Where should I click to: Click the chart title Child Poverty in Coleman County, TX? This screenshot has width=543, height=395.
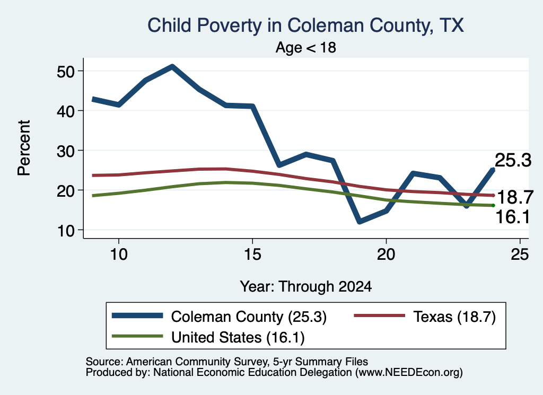(305, 26)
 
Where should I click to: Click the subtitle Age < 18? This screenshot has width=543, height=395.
(306, 47)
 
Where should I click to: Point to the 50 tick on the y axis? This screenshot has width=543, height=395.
(66, 72)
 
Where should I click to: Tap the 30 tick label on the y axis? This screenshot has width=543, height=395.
(66, 151)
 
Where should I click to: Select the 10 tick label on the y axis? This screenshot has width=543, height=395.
(66, 231)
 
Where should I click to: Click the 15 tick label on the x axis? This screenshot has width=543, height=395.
(252, 254)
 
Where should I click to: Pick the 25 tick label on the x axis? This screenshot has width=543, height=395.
(520, 254)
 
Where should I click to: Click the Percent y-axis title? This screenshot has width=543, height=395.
(24, 148)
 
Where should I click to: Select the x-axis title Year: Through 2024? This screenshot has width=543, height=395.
(306, 287)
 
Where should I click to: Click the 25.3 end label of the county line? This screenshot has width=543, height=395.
(513, 160)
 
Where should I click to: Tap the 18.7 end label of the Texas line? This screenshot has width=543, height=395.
(515, 197)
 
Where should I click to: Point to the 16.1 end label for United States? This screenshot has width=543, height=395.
(513, 217)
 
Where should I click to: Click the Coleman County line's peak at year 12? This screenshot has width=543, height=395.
(172, 66)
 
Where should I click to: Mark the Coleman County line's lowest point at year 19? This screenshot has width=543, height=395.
(360, 221)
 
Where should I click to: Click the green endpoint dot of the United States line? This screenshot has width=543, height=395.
(493, 205)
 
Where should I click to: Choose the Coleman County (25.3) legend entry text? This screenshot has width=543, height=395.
(249, 317)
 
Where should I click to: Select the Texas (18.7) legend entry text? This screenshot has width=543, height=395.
(454, 317)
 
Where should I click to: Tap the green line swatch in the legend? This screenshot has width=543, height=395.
(137, 336)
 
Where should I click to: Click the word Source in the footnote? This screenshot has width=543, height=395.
(103, 362)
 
